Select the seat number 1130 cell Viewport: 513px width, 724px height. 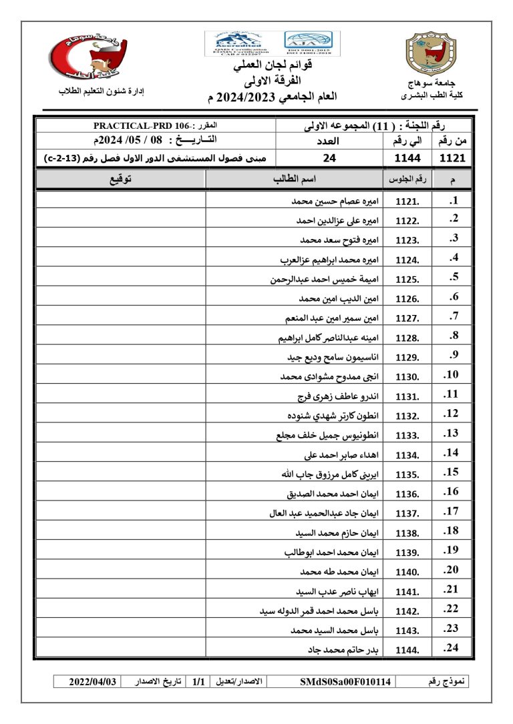407,377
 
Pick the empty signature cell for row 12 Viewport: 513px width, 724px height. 120,416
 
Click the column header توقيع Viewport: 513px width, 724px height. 120,179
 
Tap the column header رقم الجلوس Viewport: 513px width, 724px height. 407,179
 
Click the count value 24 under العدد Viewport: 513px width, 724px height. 329,158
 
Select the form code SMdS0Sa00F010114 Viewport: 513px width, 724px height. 347,682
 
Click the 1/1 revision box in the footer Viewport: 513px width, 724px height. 198,682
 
